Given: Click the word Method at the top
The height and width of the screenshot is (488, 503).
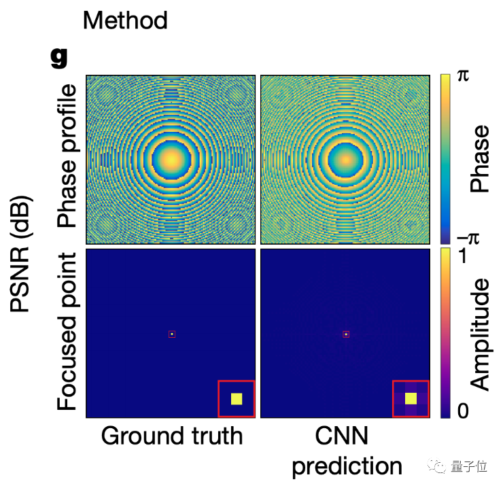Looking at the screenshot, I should coord(125,20).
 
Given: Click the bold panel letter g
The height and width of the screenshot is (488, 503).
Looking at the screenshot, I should coord(60,58).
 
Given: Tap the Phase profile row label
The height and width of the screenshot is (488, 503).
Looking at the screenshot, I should coord(68,157).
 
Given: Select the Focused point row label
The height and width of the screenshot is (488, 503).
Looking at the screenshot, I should coord(68,332).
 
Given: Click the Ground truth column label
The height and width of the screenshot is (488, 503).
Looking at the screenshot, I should coord(171,436).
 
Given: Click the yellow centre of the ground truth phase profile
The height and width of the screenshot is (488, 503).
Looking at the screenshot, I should coord(171,159).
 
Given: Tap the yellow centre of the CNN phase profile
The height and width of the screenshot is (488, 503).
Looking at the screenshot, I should coord(347,159).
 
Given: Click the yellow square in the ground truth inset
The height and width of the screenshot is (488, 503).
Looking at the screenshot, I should coord(237,399).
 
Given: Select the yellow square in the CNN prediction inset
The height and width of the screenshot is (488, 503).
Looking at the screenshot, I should coord(411,398).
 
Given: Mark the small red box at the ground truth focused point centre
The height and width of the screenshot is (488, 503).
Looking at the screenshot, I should coord(172,334).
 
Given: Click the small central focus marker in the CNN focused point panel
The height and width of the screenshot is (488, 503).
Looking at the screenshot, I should coord(347,334).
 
